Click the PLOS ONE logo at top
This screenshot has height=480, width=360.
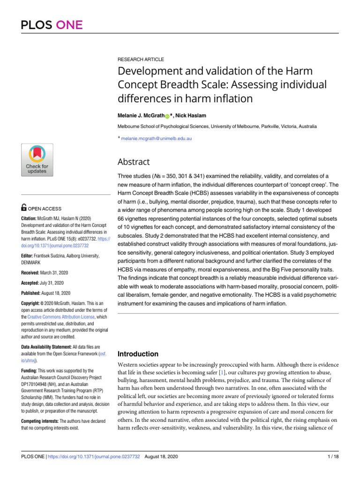(x=52, y=24)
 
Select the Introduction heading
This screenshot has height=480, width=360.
(x=138, y=354)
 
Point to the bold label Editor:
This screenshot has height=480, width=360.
(x=30, y=255)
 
